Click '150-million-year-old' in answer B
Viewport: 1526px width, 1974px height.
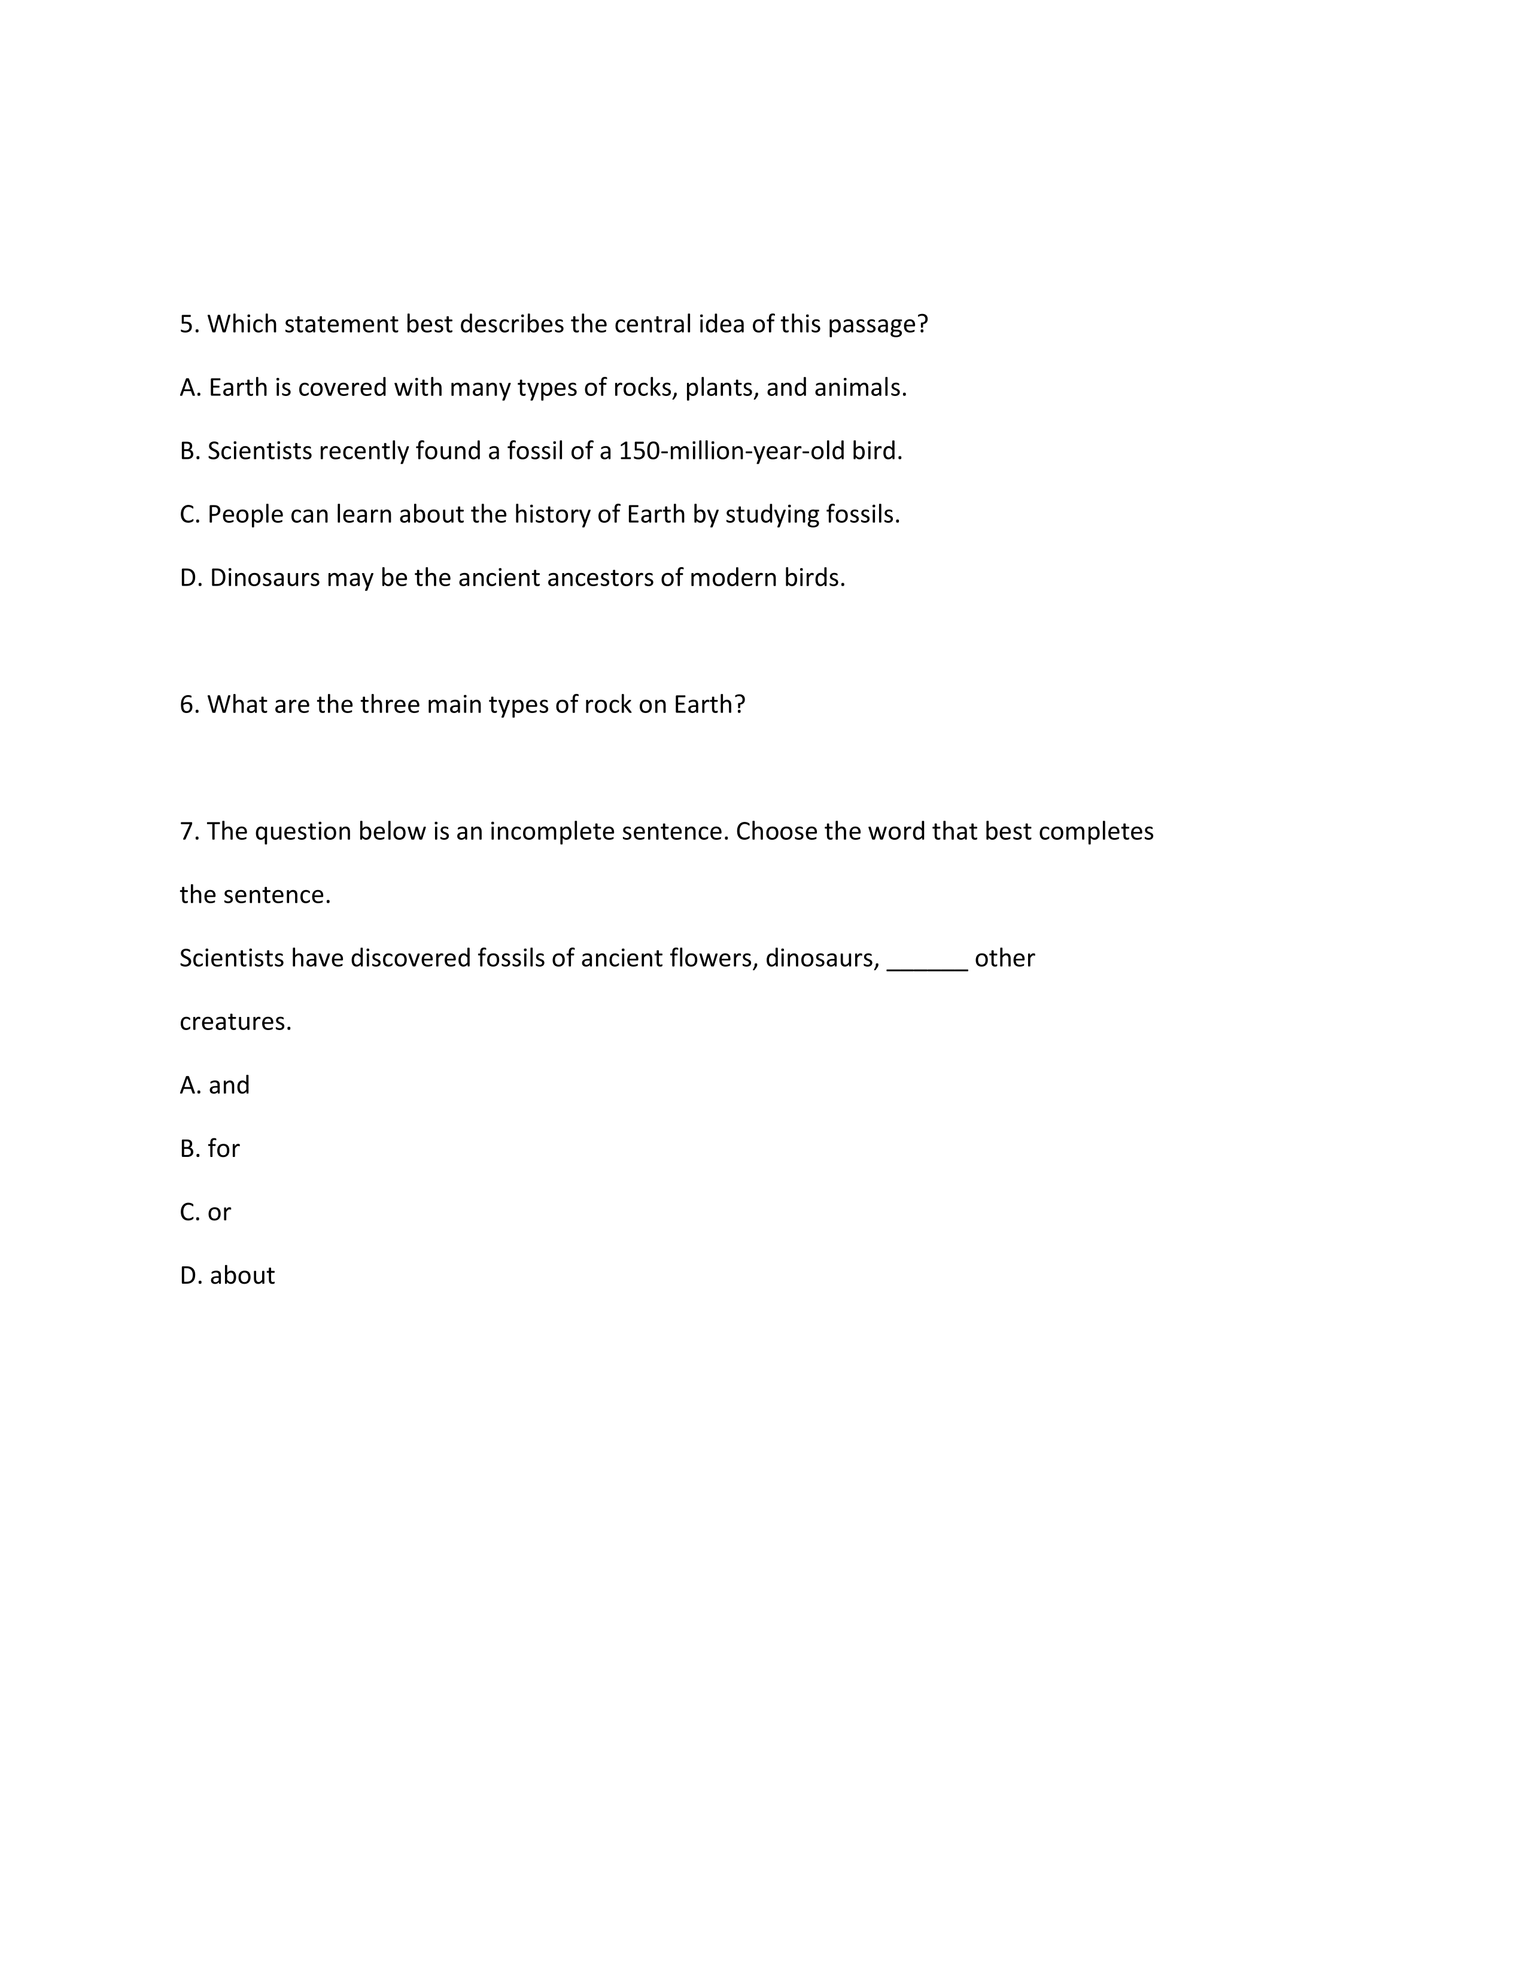pyautogui.click(x=731, y=451)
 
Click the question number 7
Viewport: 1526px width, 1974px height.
pyautogui.click(x=188, y=831)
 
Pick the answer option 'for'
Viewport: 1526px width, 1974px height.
pyautogui.click(x=223, y=1148)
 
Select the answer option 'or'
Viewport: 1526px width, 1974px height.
pyautogui.click(x=219, y=1212)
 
